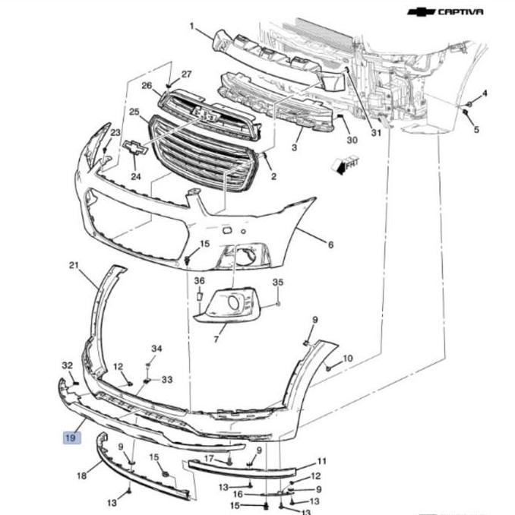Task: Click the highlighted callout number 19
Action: click(x=71, y=438)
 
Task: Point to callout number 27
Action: click(x=186, y=74)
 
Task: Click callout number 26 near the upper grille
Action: click(x=147, y=86)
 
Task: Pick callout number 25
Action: click(x=134, y=113)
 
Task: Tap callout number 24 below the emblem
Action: click(x=136, y=177)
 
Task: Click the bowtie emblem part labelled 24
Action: click(x=135, y=149)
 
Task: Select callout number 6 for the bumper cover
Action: click(x=330, y=245)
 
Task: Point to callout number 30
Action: click(x=351, y=140)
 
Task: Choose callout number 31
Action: click(x=376, y=134)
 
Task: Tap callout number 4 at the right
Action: click(x=485, y=93)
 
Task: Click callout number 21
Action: click(x=74, y=265)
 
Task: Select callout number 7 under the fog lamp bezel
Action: click(x=216, y=337)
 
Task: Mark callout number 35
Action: click(x=277, y=283)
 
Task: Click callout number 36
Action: click(x=199, y=281)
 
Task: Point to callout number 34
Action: click(x=156, y=349)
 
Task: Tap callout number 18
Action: click(x=82, y=476)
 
